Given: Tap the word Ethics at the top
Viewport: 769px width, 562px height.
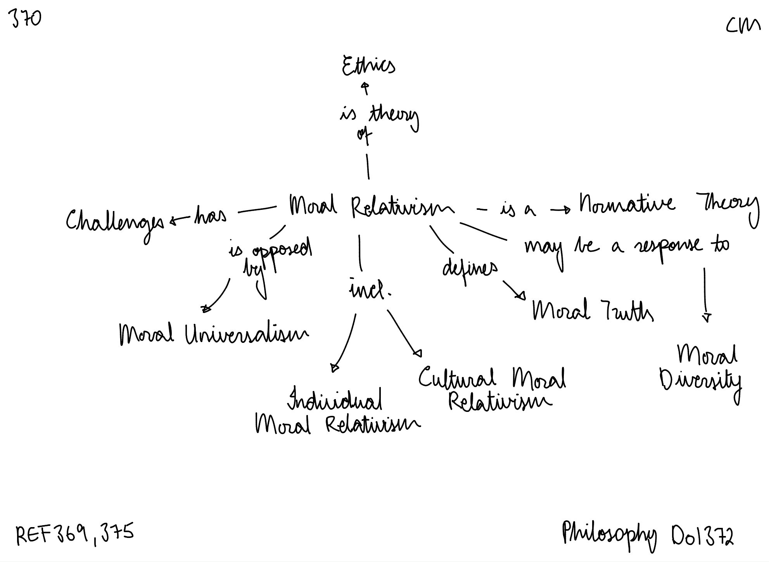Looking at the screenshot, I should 368,66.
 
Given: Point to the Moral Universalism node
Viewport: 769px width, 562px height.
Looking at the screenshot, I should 214,334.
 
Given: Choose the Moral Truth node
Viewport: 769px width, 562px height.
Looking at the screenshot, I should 592,311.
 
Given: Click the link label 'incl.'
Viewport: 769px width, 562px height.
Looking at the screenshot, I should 369,291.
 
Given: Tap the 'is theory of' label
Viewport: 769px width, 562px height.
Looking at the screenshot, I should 378,120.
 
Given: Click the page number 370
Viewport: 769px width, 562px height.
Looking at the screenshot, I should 26,19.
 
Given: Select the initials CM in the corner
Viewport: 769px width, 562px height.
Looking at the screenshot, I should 743,26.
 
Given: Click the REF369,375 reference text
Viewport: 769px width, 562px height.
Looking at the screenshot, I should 75,534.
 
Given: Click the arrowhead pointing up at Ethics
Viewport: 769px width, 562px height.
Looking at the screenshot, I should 365,86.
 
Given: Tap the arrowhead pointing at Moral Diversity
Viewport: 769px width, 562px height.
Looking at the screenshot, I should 707,318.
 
